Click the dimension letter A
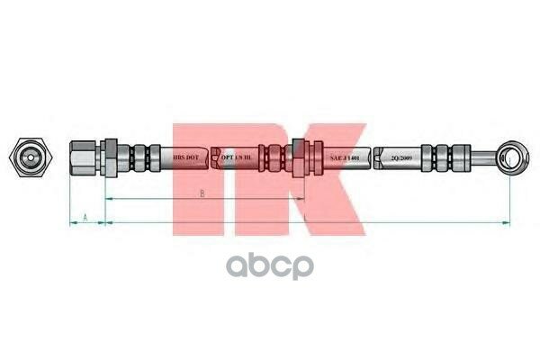[85, 217]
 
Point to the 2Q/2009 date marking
[401, 158]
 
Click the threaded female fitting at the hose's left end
[84, 158]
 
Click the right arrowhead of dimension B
[301, 198]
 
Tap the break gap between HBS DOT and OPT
[211, 158]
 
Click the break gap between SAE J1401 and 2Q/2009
[376, 158]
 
